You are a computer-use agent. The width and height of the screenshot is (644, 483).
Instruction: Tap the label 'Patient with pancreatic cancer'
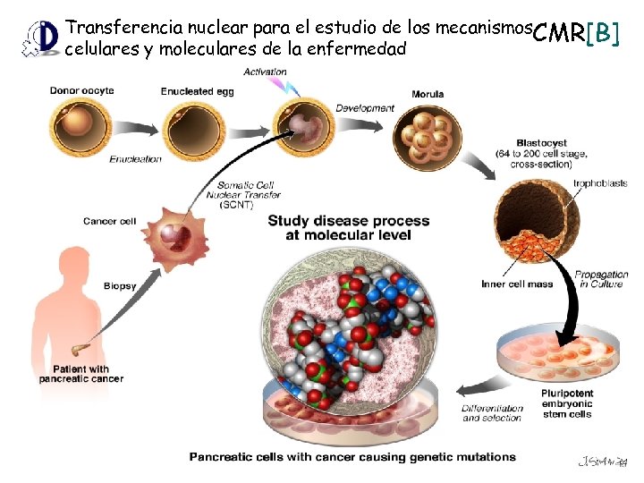[x=80, y=373]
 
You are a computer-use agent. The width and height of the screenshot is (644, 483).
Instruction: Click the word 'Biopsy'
[x=119, y=286]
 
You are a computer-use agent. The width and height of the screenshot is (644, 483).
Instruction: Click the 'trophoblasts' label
[x=600, y=183]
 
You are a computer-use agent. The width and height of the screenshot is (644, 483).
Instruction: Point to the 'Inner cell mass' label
[x=517, y=284]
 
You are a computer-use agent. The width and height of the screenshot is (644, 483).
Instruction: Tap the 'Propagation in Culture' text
[x=601, y=279]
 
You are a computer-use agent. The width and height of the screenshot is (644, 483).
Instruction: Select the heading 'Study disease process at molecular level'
[x=349, y=227]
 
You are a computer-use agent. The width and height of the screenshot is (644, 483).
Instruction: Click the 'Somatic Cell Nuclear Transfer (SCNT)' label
[x=243, y=194]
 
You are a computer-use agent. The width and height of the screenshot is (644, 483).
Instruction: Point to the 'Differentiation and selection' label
[x=493, y=413]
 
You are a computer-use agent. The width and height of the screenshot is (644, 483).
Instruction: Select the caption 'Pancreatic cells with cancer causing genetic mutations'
[x=352, y=456]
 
